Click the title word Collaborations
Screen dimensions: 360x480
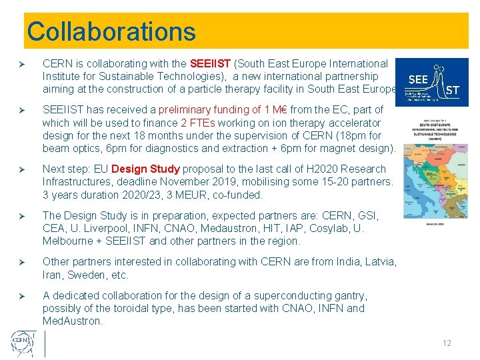(x=111, y=31)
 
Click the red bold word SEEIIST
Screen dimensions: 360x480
(x=210, y=64)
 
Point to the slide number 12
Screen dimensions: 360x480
(x=447, y=343)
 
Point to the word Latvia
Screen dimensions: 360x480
(x=381, y=262)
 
